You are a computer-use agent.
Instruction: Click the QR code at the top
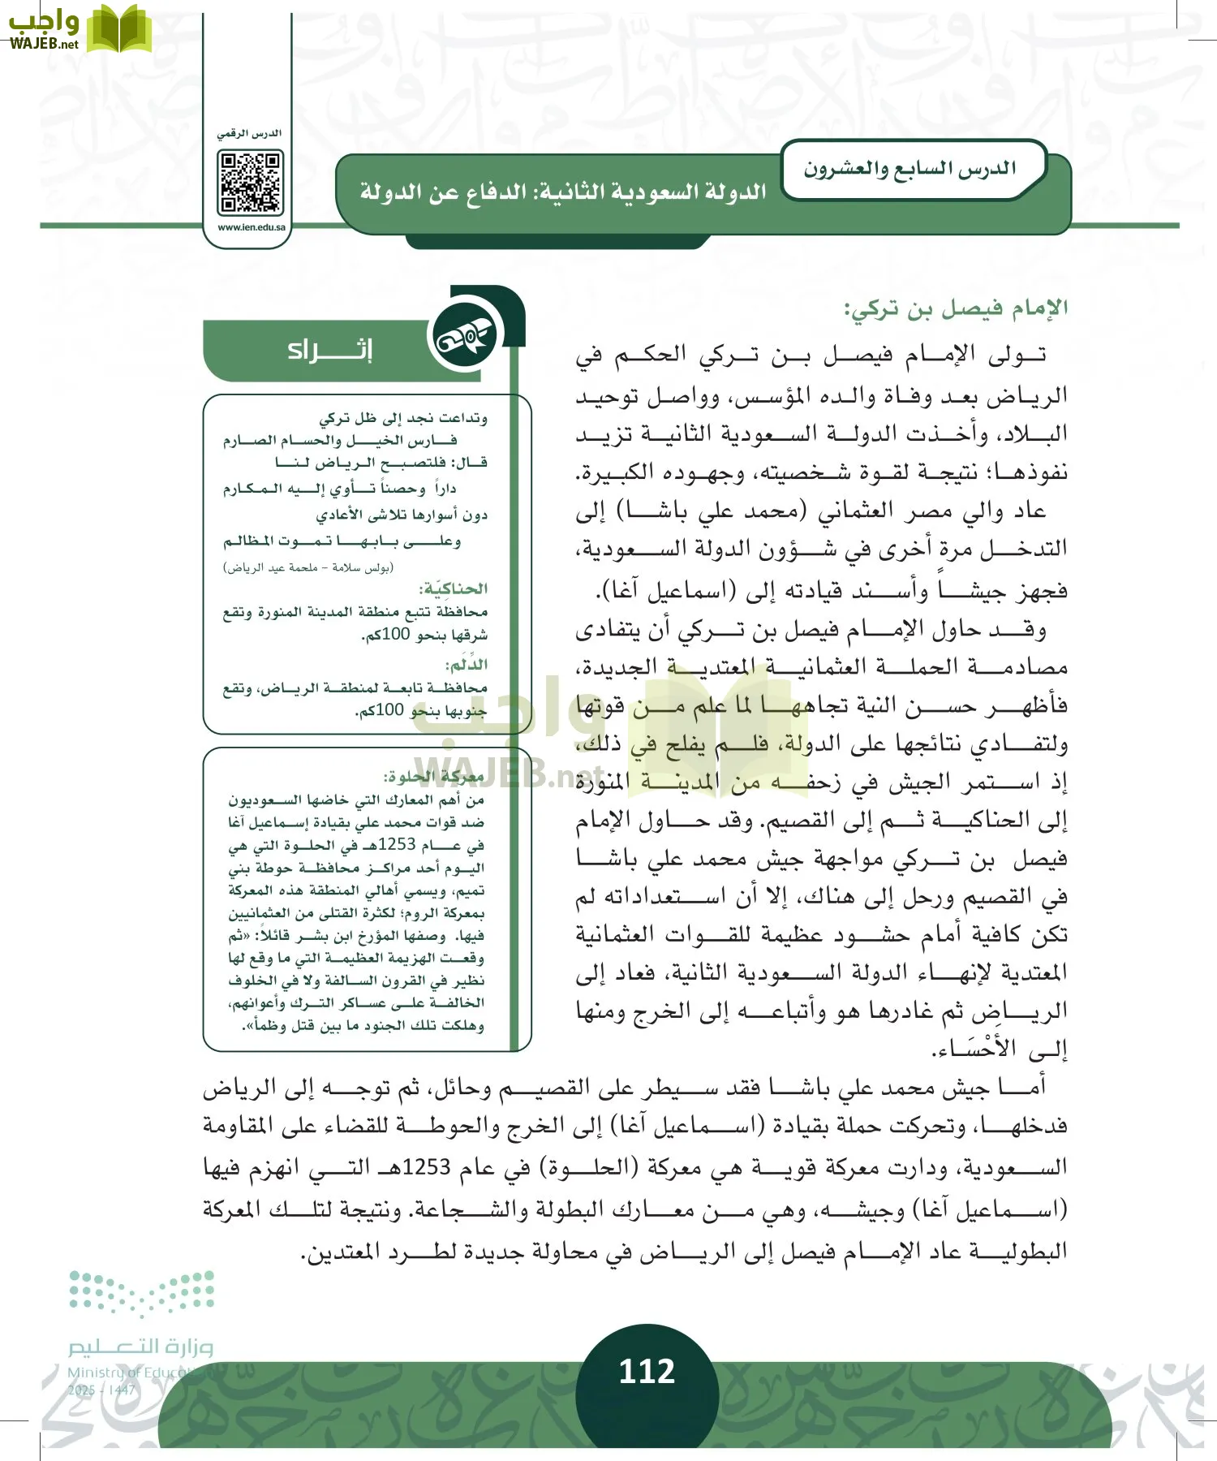click(x=251, y=183)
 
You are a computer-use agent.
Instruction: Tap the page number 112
click(x=647, y=1371)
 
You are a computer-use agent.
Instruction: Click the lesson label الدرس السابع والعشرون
click(x=910, y=169)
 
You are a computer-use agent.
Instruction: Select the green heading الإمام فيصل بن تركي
click(x=956, y=308)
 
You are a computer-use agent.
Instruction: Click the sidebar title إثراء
click(x=329, y=351)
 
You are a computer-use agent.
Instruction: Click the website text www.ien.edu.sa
click(x=251, y=227)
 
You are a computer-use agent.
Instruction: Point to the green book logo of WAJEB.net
click(x=119, y=29)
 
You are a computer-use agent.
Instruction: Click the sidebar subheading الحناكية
click(x=454, y=588)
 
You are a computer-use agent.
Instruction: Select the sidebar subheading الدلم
click(x=467, y=665)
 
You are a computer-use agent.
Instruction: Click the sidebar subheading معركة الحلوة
click(x=434, y=777)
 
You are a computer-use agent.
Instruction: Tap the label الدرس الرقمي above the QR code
click(x=249, y=133)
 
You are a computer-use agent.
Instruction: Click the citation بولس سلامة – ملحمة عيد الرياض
click(x=308, y=567)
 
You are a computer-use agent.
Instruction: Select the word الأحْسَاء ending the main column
click(x=975, y=1049)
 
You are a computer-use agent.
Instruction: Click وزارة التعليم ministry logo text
click(x=140, y=1347)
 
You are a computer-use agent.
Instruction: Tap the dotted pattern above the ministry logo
click(x=141, y=1291)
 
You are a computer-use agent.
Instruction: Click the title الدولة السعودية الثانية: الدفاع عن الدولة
click(x=563, y=193)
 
